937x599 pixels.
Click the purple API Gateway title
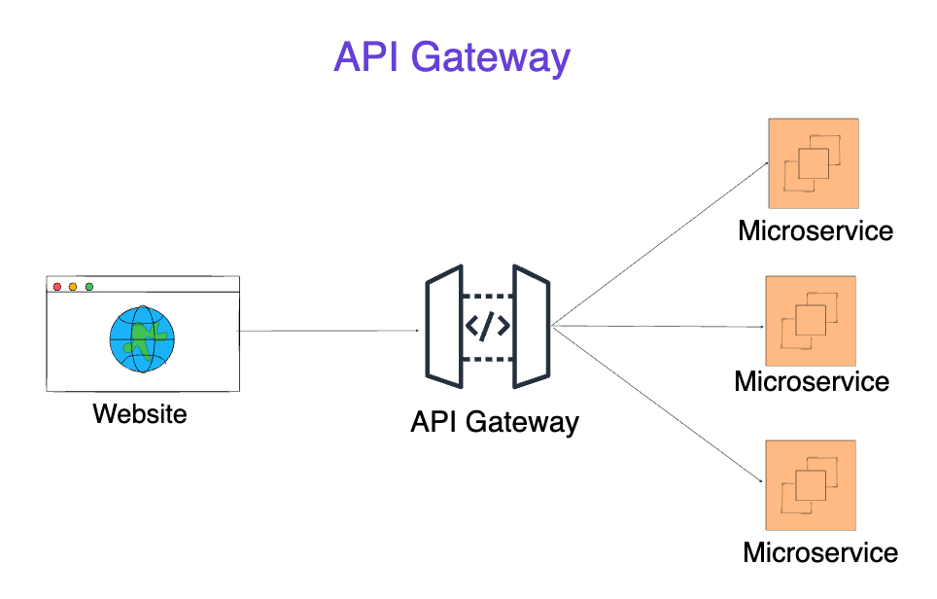click(x=451, y=57)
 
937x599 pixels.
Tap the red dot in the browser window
click(x=57, y=286)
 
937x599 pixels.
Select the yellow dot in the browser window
click(x=73, y=286)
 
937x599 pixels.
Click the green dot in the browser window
click(x=89, y=286)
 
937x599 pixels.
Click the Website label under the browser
click(x=140, y=414)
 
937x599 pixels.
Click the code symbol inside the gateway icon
click(x=488, y=326)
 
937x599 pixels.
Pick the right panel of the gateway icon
click(x=532, y=326)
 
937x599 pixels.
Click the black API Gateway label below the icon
click(x=494, y=422)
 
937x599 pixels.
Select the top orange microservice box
click(x=814, y=163)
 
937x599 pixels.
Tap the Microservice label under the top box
click(x=816, y=231)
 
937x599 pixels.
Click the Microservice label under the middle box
click(x=812, y=380)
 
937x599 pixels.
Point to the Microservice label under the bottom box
click(x=820, y=553)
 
